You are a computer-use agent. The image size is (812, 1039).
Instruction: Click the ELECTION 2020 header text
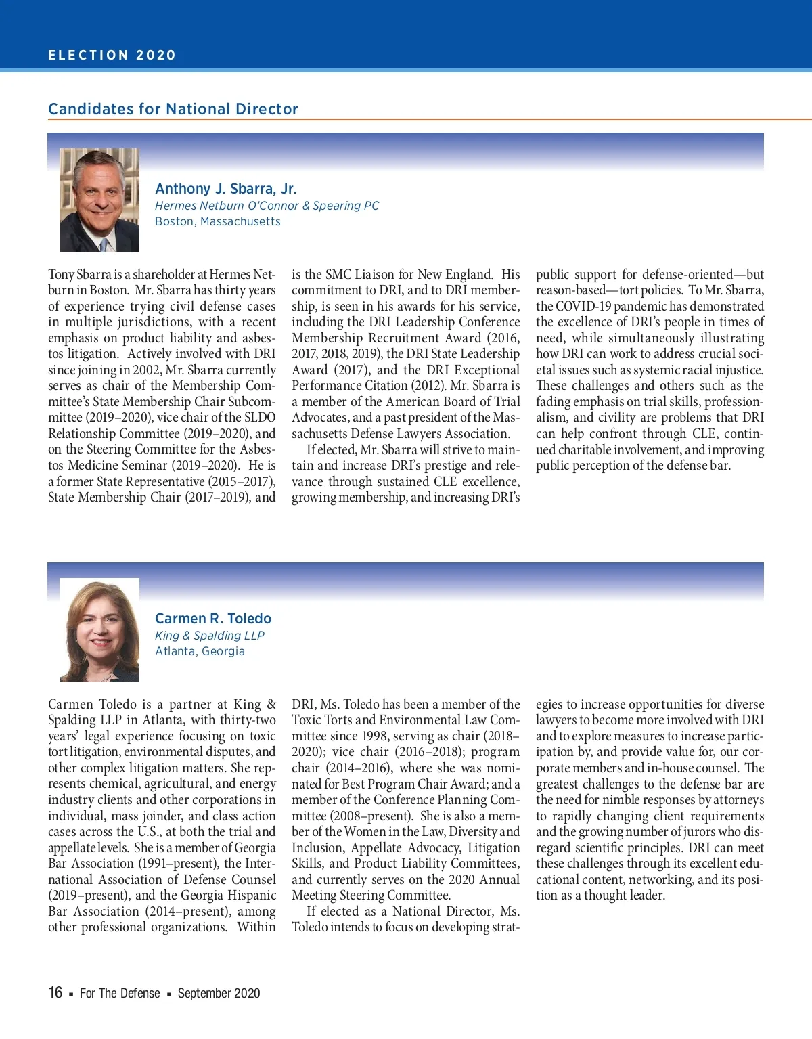112,56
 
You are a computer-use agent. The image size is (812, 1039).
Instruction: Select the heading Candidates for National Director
173,109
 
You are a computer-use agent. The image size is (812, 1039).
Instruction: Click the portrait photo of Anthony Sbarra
99,200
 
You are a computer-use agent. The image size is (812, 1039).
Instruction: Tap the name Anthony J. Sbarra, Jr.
225,189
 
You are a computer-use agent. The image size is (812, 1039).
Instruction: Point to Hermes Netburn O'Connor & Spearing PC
267,206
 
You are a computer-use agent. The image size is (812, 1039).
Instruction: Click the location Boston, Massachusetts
217,221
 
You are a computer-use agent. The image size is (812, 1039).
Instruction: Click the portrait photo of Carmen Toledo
99,630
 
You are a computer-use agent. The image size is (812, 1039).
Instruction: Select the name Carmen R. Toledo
212,619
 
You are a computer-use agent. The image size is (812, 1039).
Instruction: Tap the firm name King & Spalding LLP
209,636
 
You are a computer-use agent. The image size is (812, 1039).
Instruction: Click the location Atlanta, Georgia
200,651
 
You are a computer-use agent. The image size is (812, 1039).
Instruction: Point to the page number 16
55,992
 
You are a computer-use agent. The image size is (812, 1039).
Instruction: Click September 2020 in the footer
219,993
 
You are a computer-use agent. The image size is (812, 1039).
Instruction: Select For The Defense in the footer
120,993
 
